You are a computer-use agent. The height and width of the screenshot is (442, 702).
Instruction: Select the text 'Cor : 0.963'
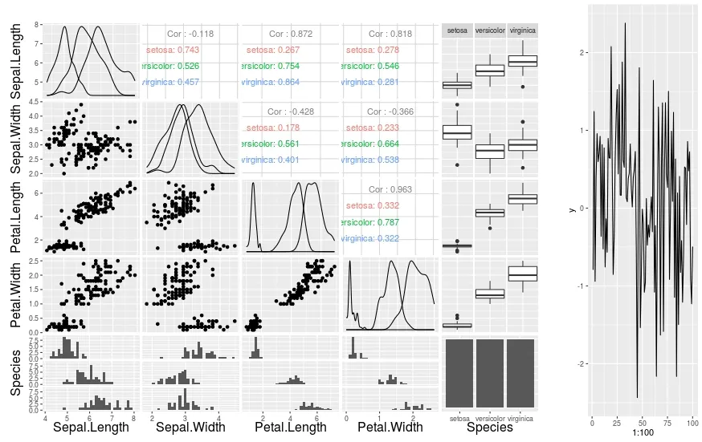[389, 189]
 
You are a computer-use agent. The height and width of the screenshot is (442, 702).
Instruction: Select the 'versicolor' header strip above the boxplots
[489, 30]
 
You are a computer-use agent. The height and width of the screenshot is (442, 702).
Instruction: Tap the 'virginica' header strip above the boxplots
[522, 30]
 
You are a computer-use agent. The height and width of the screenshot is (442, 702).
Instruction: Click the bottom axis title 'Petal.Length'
[290, 428]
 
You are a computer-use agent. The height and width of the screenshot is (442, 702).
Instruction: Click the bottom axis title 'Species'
[490, 428]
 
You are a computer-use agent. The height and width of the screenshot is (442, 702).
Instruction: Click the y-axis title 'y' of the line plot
[573, 209]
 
